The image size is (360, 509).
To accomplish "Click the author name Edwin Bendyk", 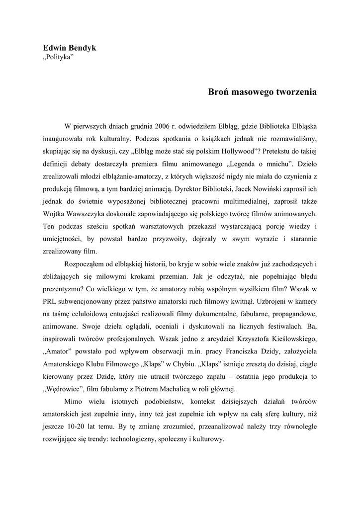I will coord(70,48).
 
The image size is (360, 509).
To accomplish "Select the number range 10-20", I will coord(74,427).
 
